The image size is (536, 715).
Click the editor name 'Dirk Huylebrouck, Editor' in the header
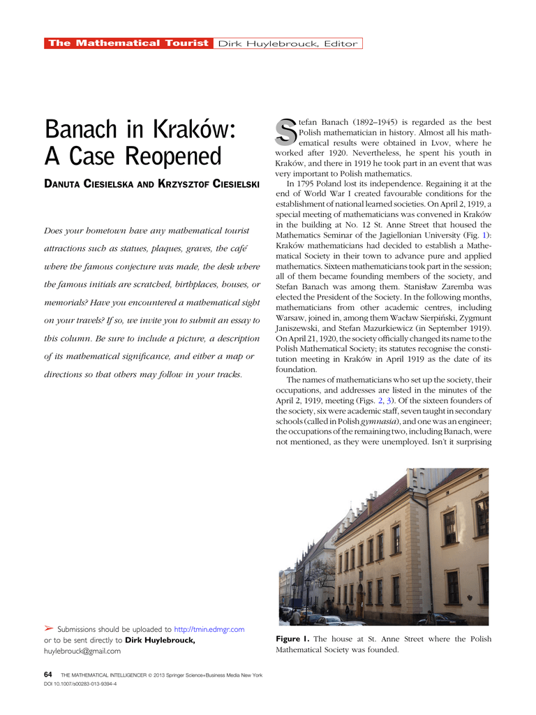tap(288, 43)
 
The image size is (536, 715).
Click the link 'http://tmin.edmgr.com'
tap(209, 629)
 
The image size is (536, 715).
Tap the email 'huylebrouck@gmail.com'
tap(82, 651)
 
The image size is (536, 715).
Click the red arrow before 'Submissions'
tap(48, 629)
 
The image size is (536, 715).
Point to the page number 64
tap(48, 675)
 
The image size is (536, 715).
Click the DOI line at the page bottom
tap(80, 684)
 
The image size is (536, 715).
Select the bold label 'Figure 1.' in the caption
tap(292, 639)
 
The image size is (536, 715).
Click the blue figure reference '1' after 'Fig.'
tap(486, 235)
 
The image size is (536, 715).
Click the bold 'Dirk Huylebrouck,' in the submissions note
tap(160, 640)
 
